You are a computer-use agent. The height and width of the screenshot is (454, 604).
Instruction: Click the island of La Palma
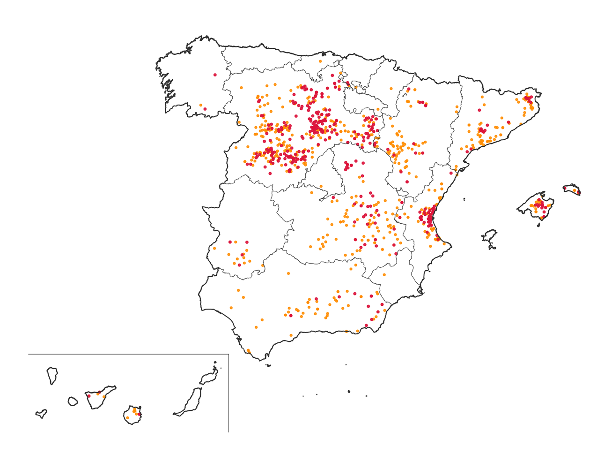pyautogui.click(x=52, y=376)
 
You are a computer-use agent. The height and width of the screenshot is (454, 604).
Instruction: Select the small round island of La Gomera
pyautogui.click(x=73, y=401)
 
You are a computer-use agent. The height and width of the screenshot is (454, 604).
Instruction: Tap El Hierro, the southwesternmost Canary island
pyautogui.click(x=42, y=414)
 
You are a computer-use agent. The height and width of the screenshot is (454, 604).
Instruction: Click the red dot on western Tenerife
pyautogui.click(x=89, y=396)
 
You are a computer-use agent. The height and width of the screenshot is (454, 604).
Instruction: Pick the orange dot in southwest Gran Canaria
pyautogui.click(x=127, y=417)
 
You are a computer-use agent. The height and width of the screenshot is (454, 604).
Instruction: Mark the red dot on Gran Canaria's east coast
pyautogui.click(x=140, y=414)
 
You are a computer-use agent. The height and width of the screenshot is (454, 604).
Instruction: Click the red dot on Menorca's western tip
pyautogui.click(x=565, y=188)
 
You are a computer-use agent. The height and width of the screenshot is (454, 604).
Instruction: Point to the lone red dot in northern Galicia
pyautogui.click(x=215, y=75)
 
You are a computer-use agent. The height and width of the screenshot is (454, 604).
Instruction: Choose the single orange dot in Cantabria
pyautogui.click(x=320, y=61)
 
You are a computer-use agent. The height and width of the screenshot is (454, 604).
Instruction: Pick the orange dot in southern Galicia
pyautogui.click(x=201, y=106)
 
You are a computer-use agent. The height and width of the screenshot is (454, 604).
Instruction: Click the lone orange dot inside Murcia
pyautogui.click(x=384, y=275)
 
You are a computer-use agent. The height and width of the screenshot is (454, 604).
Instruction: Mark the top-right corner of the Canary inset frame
pyautogui.click(x=228, y=354)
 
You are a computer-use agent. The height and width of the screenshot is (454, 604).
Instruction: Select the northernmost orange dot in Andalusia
pyautogui.click(x=288, y=273)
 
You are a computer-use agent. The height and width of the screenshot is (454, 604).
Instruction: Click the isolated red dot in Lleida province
pyautogui.click(x=479, y=110)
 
